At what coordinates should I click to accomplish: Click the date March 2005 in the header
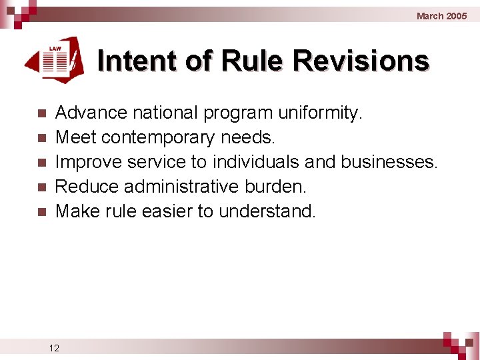(x=441, y=15)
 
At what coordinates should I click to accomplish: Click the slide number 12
(x=54, y=347)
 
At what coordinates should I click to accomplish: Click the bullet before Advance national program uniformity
(x=41, y=113)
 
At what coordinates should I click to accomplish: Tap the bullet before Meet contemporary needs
(x=41, y=138)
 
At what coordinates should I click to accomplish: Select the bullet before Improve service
(x=41, y=163)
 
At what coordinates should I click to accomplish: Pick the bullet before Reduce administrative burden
(x=41, y=187)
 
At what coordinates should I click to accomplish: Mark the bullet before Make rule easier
(x=41, y=212)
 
